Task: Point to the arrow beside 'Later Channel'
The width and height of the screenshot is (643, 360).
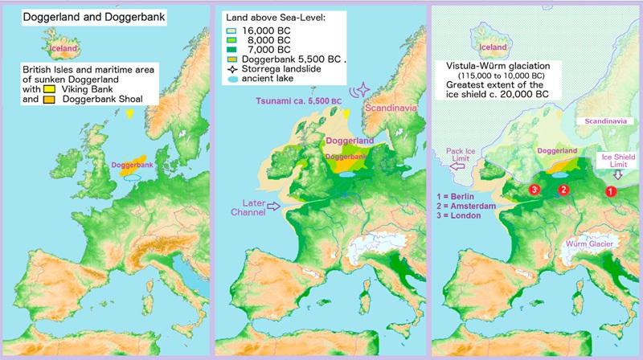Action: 276,207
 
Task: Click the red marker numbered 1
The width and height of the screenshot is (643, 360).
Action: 609,191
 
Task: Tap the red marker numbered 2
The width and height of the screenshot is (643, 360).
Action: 563,190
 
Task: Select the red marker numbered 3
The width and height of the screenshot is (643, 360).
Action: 534,189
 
